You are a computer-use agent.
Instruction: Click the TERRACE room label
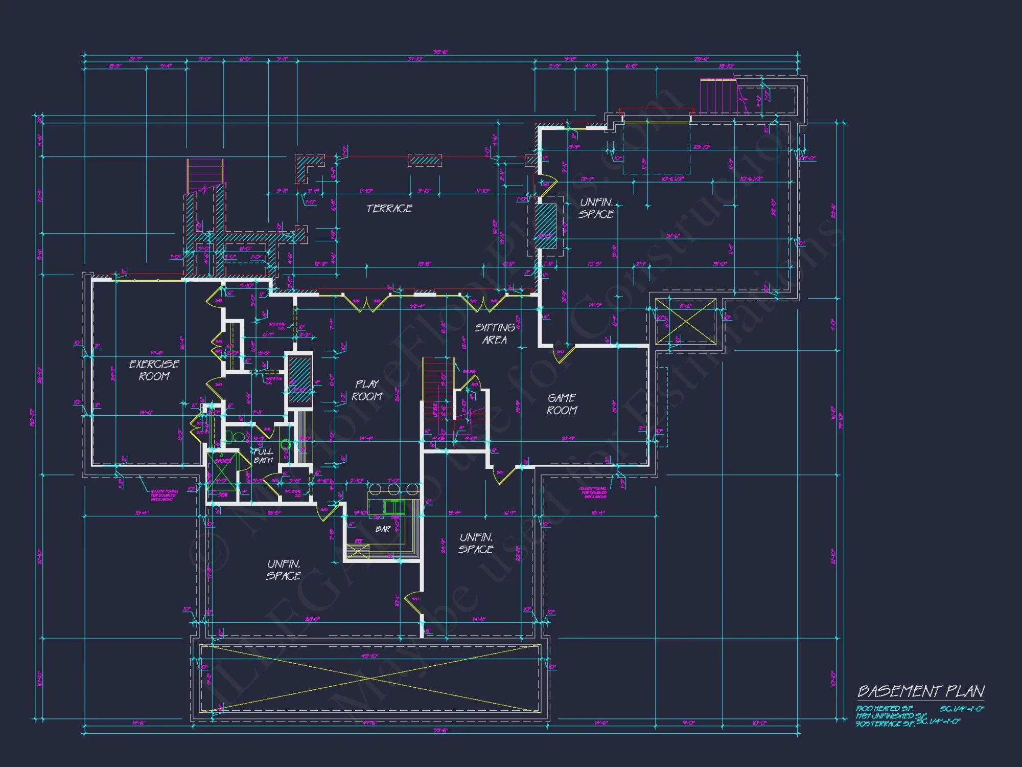point(389,208)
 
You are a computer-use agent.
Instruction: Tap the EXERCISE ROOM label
point(154,370)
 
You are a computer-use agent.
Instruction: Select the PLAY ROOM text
point(367,390)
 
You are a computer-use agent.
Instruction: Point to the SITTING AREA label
point(495,333)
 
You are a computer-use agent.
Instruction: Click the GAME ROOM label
point(562,404)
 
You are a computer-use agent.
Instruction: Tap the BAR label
point(383,529)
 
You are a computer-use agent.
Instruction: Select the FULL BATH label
point(263,456)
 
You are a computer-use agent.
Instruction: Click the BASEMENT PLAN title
point(921,691)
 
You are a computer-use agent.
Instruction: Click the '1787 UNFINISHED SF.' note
point(891,716)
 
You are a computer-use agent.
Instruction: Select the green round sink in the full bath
point(285,444)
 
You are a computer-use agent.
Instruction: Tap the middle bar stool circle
point(393,490)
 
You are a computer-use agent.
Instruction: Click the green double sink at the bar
point(394,507)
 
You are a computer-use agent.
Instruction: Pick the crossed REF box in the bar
point(358,551)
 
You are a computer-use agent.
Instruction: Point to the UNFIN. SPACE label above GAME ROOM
point(596,208)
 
